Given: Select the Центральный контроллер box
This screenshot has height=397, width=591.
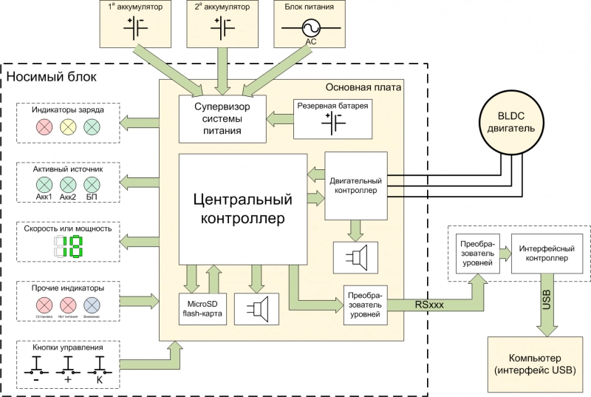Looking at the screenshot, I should click(x=243, y=209).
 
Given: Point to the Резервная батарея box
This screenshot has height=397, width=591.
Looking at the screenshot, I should click(x=333, y=118).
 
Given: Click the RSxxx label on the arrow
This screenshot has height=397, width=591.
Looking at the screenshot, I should click(x=429, y=303).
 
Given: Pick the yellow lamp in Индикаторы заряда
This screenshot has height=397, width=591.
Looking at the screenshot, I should click(x=68, y=127).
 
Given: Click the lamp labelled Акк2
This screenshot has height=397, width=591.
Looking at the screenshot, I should click(x=68, y=184).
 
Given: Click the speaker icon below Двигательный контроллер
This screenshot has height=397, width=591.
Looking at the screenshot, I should click(x=356, y=256).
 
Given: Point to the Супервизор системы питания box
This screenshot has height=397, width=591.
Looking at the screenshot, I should click(x=222, y=118).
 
